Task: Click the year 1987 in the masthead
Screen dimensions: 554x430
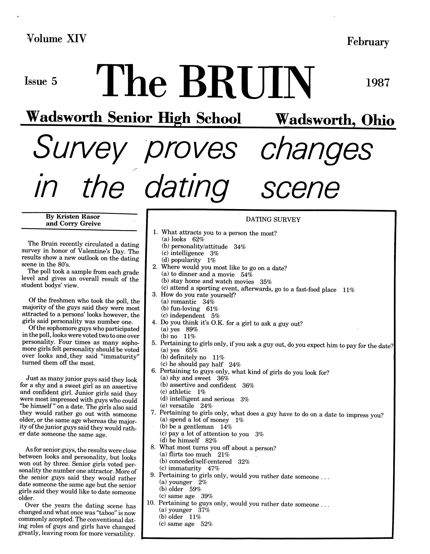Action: coord(377,83)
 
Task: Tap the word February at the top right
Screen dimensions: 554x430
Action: coord(368,42)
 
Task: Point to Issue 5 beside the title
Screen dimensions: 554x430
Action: coord(41,81)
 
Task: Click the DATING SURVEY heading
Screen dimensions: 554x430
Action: coord(273,220)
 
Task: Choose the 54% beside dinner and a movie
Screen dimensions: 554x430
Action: coord(247,274)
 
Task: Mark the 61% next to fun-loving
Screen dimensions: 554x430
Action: coord(212,309)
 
